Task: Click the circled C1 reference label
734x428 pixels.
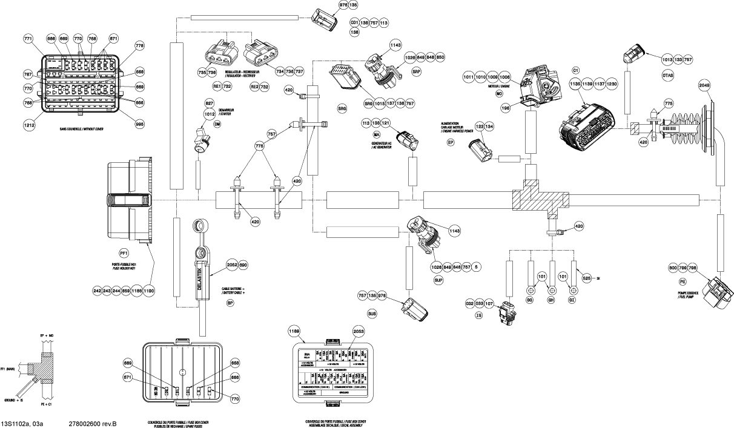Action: coord(577,70)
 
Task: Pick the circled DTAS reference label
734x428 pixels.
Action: coord(668,76)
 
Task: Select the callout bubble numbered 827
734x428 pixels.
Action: coord(209,104)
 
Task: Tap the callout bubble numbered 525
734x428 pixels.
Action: coord(586,278)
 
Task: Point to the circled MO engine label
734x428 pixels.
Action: coord(500,94)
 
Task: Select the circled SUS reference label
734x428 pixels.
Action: coord(372,314)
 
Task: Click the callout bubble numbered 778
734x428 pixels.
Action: coord(140,47)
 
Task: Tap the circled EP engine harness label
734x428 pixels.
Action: coord(449,142)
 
